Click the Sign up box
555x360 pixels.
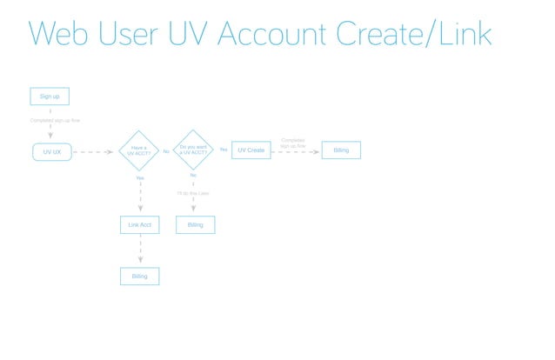(x=50, y=97)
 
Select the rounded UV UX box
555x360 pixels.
(x=51, y=151)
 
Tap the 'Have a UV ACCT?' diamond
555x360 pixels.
(x=139, y=150)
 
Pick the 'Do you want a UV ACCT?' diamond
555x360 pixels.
(x=193, y=150)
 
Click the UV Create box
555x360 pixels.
(x=251, y=150)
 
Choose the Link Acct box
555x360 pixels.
(x=139, y=225)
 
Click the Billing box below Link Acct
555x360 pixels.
(x=139, y=277)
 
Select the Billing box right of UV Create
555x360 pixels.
(x=341, y=150)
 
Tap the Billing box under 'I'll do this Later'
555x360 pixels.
(x=195, y=225)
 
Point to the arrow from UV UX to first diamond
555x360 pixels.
(x=93, y=151)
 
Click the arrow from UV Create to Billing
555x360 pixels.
(x=296, y=151)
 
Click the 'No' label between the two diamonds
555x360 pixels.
(x=166, y=151)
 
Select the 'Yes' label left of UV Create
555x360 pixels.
(x=224, y=150)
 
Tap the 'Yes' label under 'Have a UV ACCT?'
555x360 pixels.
(x=140, y=177)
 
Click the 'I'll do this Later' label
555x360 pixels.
(x=193, y=193)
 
